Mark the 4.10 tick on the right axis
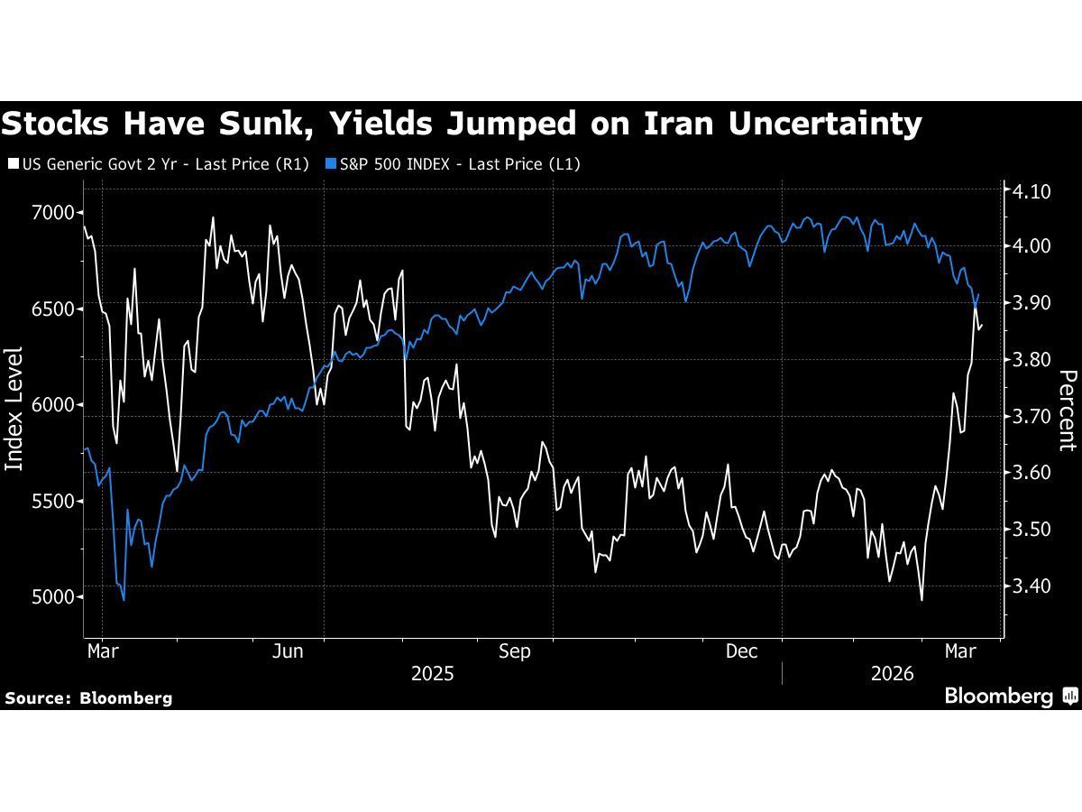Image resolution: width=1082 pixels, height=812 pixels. (1032, 190)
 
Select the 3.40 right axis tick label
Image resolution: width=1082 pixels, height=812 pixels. (1032, 586)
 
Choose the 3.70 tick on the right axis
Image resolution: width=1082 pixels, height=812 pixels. (1032, 417)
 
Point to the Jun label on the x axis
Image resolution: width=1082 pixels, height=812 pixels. (287, 651)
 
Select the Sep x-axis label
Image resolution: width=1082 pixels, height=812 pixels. (515, 651)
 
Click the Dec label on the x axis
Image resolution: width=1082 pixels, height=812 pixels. (743, 651)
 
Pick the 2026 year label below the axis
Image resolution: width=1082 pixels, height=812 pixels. (893, 674)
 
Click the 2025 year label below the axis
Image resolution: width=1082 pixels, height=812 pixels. (433, 674)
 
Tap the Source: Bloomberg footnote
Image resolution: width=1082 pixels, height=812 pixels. (88, 697)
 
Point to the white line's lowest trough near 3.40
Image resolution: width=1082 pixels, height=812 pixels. (922, 600)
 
